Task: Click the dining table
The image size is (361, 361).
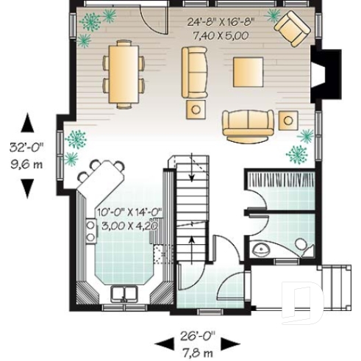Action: pos(124,72)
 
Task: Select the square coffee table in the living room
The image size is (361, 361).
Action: pos(247,72)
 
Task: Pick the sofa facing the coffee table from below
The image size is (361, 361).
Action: pos(249,124)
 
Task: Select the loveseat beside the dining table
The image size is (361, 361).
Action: pos(195,71)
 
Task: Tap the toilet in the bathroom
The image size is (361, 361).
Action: pos(301,244)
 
